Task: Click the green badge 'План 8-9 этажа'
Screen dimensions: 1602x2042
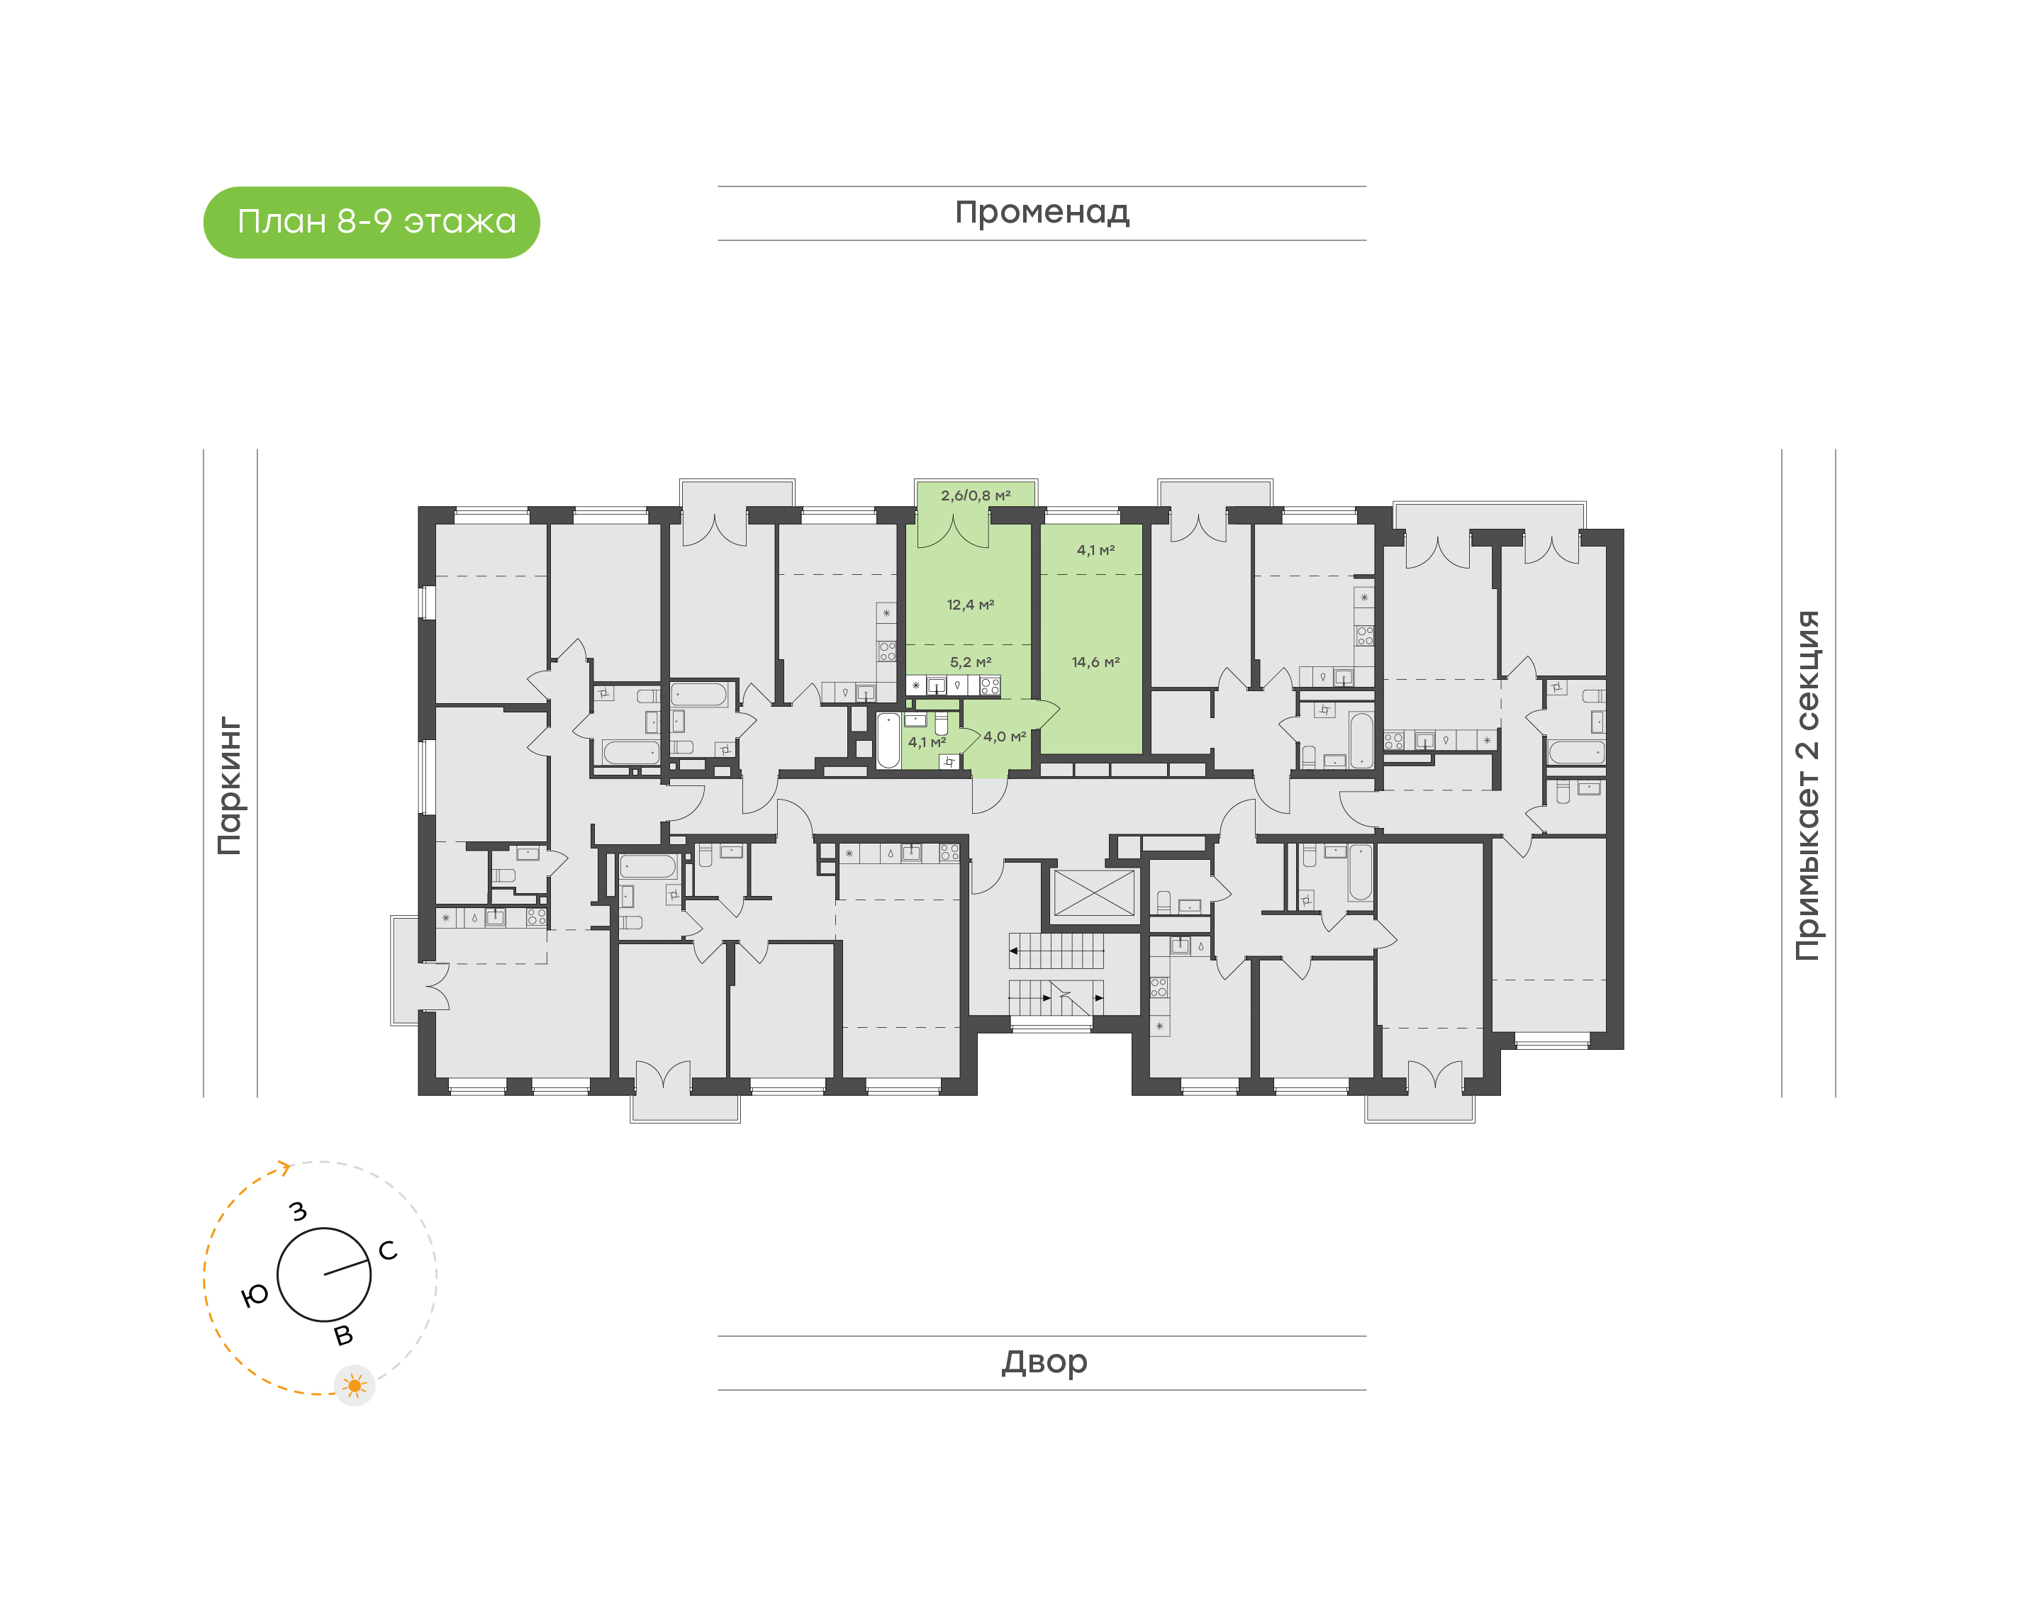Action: click(372, 223)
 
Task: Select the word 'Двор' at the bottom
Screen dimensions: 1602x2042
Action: click(1044, 1361)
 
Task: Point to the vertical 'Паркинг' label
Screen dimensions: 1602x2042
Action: click(230, 785)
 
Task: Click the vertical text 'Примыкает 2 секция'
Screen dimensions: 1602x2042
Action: click(1807, 785)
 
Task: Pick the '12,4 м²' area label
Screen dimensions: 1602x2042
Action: click(970, 605)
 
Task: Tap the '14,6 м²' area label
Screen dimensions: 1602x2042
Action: click(1095, 662)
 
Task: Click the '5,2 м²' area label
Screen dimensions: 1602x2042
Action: click(970, 662)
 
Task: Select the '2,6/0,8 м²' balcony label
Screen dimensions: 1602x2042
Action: click(976, 495)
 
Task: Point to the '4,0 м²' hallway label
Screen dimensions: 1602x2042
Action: click(1004, 737)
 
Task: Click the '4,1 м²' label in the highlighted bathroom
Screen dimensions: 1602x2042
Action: click(927, 742)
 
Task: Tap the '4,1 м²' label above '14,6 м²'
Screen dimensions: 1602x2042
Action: click(1095, 551)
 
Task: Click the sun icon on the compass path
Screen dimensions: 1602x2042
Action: click(355, 1385)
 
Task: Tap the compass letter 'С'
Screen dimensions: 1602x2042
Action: click(387, 1250)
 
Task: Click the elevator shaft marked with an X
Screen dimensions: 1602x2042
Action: click(1094, 893)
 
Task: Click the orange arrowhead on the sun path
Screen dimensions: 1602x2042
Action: click(284, 1167)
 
